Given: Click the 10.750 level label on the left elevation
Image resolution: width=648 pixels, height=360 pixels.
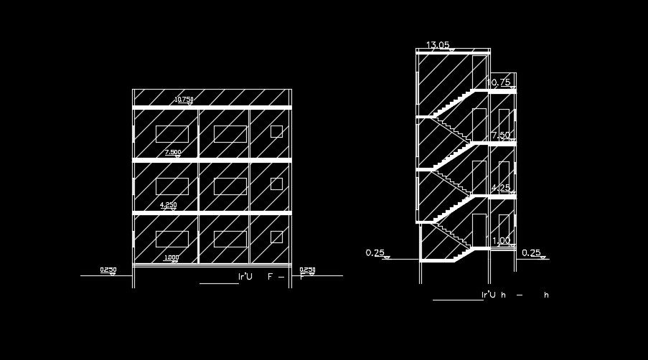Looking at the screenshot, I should pos(184,100).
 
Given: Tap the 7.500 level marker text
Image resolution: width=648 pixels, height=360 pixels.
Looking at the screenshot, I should pos(173,152).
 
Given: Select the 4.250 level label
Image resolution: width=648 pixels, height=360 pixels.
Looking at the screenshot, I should pos(168,204).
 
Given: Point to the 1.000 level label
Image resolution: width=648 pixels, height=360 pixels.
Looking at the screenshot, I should pos(172,257).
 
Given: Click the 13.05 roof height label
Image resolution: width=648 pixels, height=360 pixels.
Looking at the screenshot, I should pos(438,45).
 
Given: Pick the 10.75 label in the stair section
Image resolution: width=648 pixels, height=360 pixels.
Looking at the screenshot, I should pos(499,82).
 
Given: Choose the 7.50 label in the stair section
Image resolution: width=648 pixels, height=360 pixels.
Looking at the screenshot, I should pos(501,135).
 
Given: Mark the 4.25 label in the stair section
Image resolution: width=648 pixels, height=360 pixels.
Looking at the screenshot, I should pos(500,188).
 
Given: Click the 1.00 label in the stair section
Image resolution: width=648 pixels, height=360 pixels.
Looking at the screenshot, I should pos(502,241).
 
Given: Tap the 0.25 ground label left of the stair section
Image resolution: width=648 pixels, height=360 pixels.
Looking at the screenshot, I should pos(375,252).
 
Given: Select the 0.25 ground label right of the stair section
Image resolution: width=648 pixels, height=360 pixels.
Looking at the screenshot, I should pos(531,252).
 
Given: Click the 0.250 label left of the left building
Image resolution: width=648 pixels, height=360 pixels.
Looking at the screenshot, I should pos(108,270).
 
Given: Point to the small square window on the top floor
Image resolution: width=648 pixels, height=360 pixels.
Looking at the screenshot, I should pos(276,131).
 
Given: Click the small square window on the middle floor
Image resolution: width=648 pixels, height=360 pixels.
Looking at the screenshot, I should pos(276,184).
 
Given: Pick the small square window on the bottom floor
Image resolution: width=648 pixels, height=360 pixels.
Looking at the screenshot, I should pos(276,237).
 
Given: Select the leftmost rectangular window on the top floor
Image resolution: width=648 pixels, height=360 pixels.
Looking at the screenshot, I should pos(172,134).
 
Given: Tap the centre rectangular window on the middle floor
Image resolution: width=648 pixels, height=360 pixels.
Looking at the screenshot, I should pos(230,186).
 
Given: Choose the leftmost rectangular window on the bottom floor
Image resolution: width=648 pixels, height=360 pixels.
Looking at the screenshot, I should pos(172,240).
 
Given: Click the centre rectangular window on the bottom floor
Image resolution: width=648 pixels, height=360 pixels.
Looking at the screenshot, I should pos(230,240).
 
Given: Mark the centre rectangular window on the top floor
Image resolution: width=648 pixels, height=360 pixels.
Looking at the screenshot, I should pos(230,134).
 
